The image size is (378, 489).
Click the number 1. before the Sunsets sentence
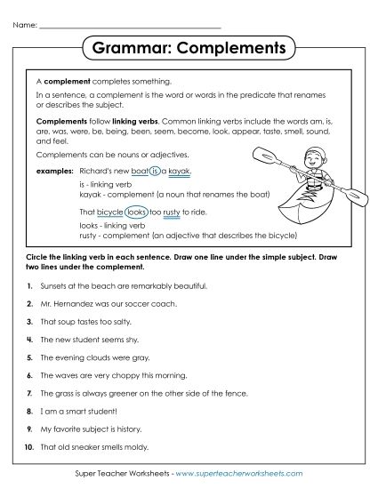[29, 286]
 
